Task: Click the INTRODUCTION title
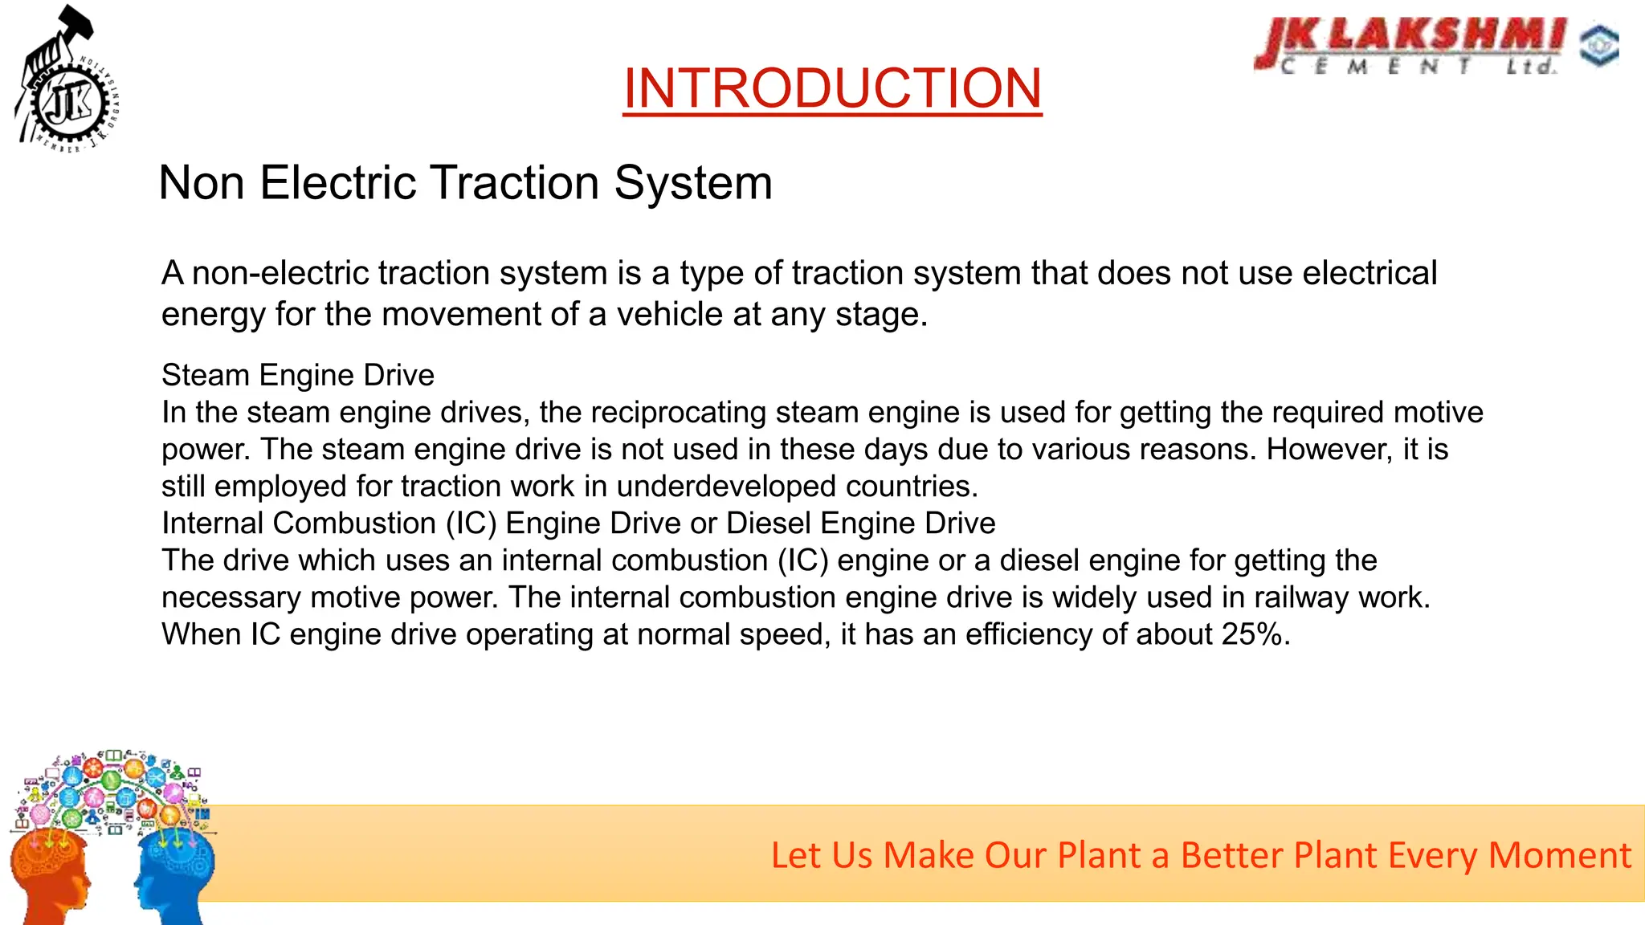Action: click(x=832, y=88)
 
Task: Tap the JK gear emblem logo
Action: click(x=71, y=103)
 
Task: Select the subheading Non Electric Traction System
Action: click(x=466, y=183)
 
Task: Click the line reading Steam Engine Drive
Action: click(x=298, y=375)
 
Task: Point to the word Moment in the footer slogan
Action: click(x=1559, y=855)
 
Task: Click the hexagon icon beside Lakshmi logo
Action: click(x=1599, y=46)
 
